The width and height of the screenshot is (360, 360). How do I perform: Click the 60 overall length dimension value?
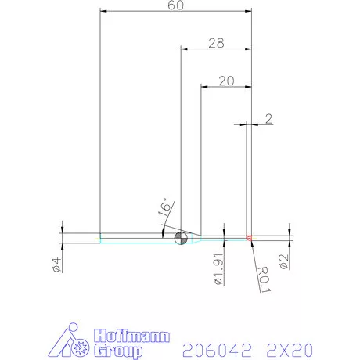point(175,6)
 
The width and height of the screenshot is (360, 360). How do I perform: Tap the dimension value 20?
point(227,81)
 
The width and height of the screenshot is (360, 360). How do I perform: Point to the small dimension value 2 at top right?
point(268,119)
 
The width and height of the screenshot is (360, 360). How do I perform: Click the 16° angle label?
point(164,207)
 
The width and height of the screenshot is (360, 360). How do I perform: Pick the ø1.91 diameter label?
point(218,269)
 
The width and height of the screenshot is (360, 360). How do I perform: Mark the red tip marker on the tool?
point(249,237)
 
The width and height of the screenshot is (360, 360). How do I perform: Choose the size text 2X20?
point(290,347)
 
